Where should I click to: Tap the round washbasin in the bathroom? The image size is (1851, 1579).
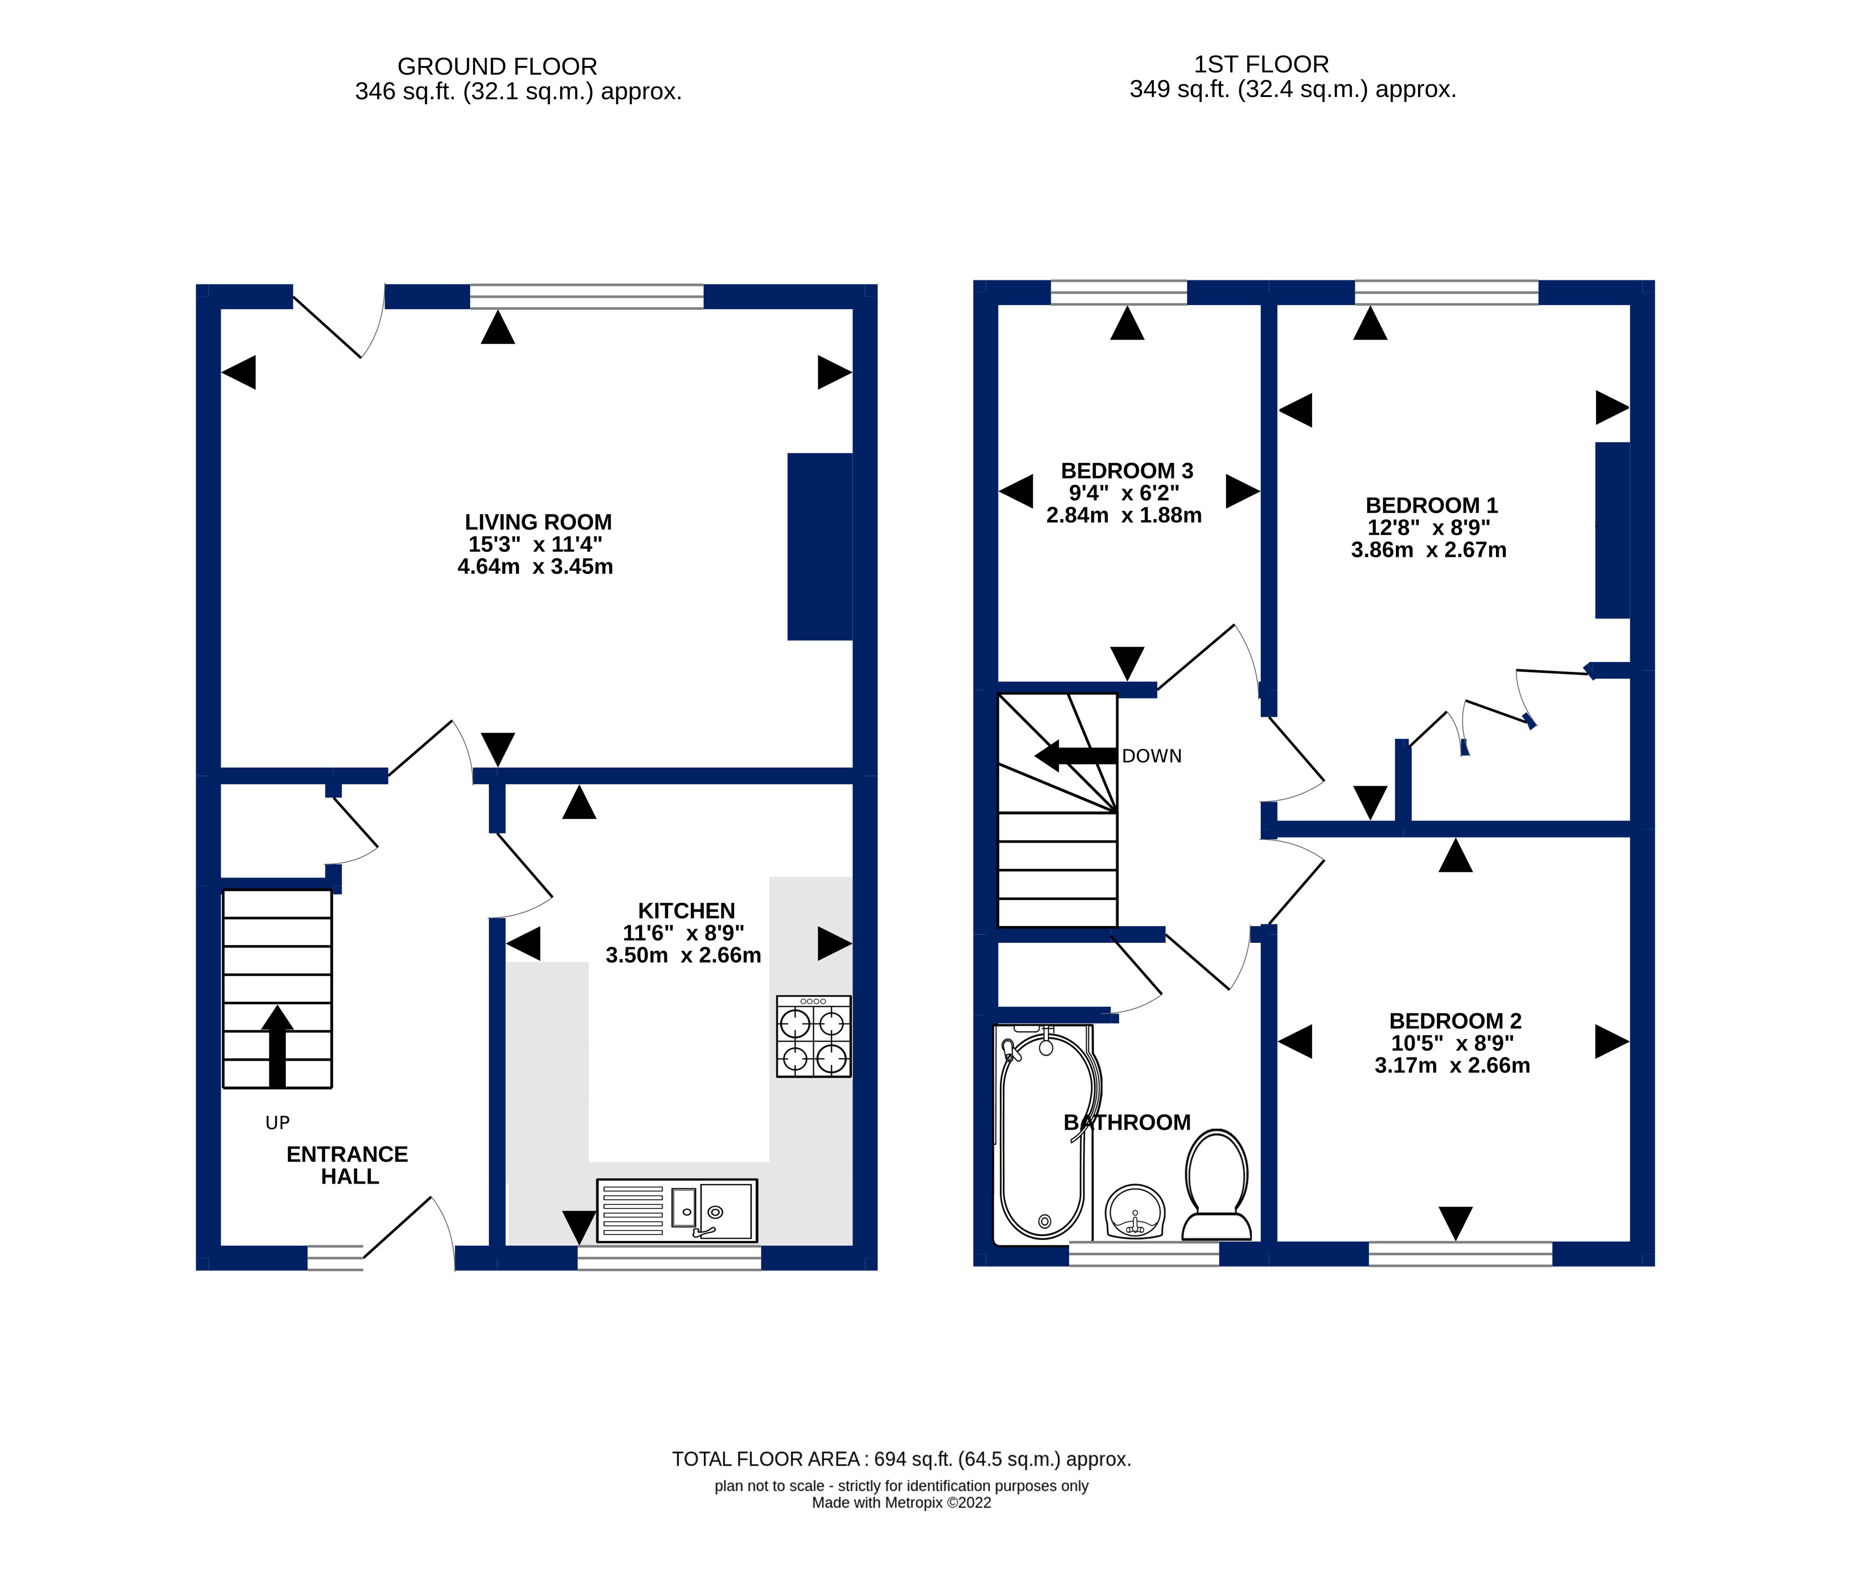[x=1136, y=1212]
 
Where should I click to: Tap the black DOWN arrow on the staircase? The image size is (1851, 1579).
[x=1075, y=756]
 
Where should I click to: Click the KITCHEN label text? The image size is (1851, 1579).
[x=686, y=911]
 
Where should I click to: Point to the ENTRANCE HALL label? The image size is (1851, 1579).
[x=348, y=1165]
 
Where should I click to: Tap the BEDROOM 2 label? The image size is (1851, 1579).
[x=1455, y=1020]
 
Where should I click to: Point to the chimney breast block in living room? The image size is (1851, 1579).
[x=819, y=547]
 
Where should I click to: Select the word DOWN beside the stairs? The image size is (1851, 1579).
[x=1151, y=756]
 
